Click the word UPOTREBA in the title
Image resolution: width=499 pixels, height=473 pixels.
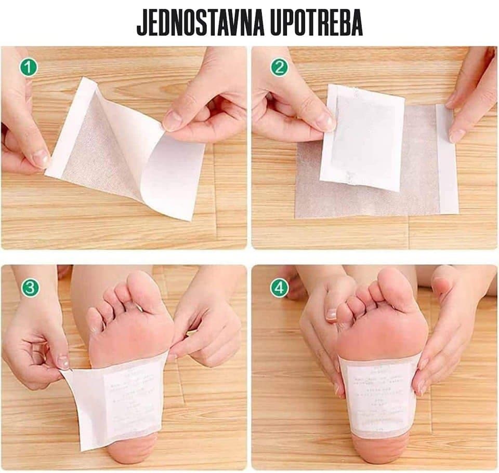tap(319, 23)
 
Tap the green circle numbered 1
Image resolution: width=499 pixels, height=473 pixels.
tap(29, 67)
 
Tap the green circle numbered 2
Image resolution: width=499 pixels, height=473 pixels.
tap(279, 67)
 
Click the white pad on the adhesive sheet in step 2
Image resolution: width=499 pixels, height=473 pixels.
tap(364, 138)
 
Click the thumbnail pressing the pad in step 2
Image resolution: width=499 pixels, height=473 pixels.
tap(325, 122)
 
